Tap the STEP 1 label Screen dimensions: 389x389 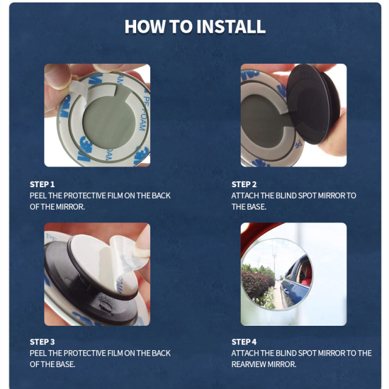tap(43, 184)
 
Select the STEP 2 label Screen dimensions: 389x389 tap(244, 184)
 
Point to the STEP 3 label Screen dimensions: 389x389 tap(43, 342)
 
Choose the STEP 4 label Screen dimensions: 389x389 tap(244, 342)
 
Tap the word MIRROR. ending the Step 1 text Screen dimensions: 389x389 tap(71, 207)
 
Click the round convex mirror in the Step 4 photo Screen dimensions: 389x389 tap(277, 274)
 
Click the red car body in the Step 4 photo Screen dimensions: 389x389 tap(255, 234)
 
